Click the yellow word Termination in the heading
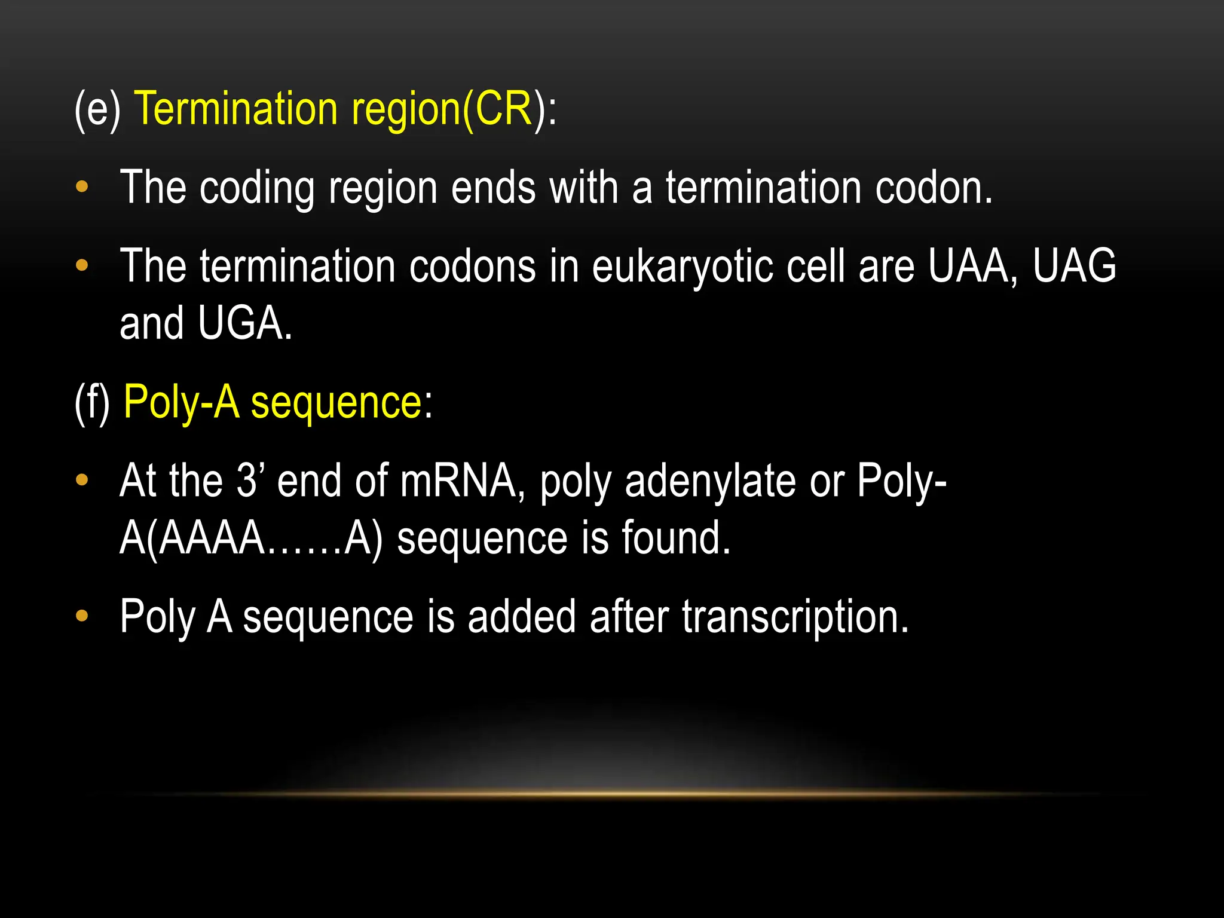pyautogui.click(x=237, y=109)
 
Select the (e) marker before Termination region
pyautogui.click(x=97, y=110)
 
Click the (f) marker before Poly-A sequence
pyautogui.click(x=92, y=403)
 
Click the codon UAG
pyautogui.click(x=1074, y=266)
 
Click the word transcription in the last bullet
pyautogui.click(x=795, y=616)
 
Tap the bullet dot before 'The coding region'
pyautogui.click(x=82, y=187)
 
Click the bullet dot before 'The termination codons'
pyautogui.click(x=82, y=265)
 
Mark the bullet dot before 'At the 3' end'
pyautogui.click(x=82, y=479)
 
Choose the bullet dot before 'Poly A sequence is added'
pyautogui.click(x=82, y=616)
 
